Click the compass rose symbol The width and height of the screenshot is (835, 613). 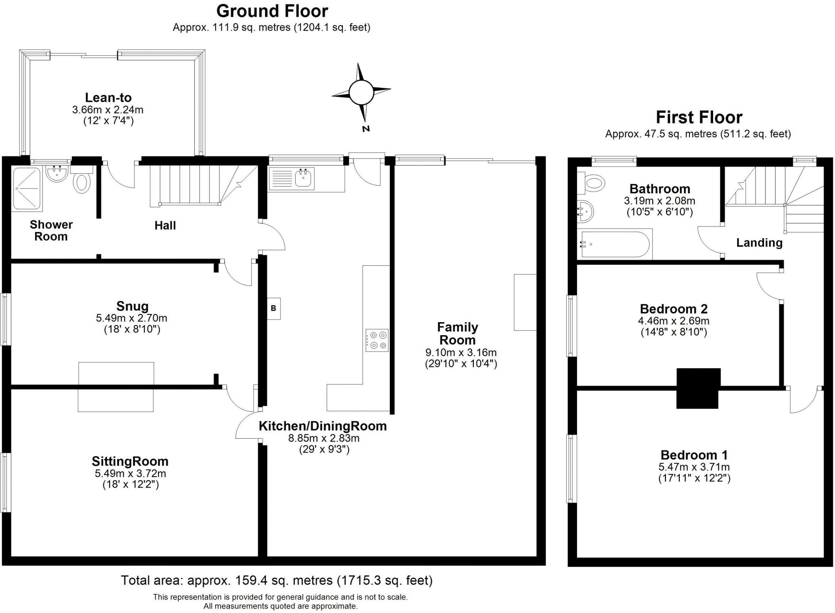(361, 92)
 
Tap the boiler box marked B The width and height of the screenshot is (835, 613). (274, 308)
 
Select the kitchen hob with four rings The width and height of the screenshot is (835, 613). (377, 340)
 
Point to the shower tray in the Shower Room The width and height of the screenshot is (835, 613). (27, 189)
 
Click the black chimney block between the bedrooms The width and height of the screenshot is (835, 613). (698, 388)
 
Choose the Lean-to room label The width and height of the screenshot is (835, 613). (108, 98)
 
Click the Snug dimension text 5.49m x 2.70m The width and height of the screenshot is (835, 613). (132, 318)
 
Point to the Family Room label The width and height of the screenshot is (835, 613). (457, 333)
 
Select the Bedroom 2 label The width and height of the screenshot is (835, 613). (674, 309)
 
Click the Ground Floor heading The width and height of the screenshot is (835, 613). (272, 11)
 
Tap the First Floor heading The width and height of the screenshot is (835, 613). (699, 118)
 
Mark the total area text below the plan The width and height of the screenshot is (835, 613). (276, 580)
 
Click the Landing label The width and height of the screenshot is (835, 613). (759, 243)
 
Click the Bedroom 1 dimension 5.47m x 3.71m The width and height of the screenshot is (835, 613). (694, 467)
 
